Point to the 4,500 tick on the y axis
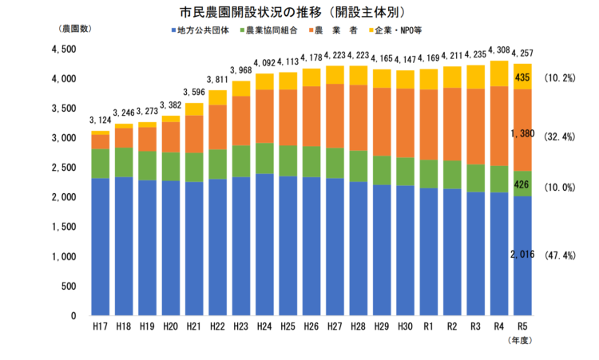[x=62, y=49]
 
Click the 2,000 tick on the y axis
[x=62, y=197]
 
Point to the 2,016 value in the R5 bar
[x=522, y=255]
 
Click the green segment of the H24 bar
[x=264, y=158]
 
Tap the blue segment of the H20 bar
[x=171, y=247]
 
